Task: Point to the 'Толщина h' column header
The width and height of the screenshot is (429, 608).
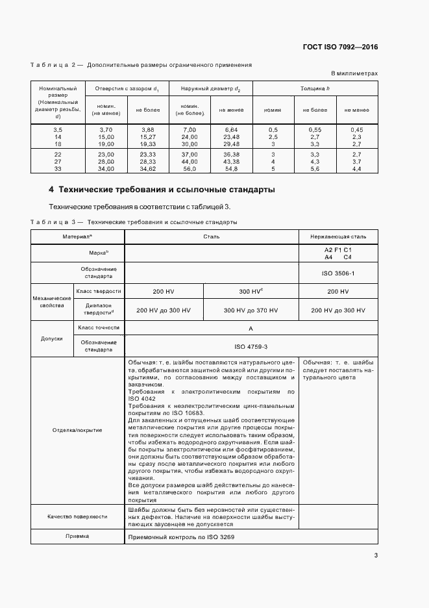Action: pos(315,88)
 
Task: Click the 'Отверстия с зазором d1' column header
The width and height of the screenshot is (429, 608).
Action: pos(128,88)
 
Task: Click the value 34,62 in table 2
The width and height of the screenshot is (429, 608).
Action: pos(147,169)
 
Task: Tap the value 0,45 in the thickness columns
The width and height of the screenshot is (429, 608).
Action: pos(356,130)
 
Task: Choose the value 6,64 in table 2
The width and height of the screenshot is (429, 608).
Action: pos(230,130)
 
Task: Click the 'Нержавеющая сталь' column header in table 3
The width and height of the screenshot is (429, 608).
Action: pos(337,236)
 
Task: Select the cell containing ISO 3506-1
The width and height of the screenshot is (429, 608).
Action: pos(337,273)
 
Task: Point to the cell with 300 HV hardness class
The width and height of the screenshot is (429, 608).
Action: pos(251,292)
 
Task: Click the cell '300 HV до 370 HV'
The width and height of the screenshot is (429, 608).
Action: pos(251,310)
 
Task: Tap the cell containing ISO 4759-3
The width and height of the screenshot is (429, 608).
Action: pos(251,347)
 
